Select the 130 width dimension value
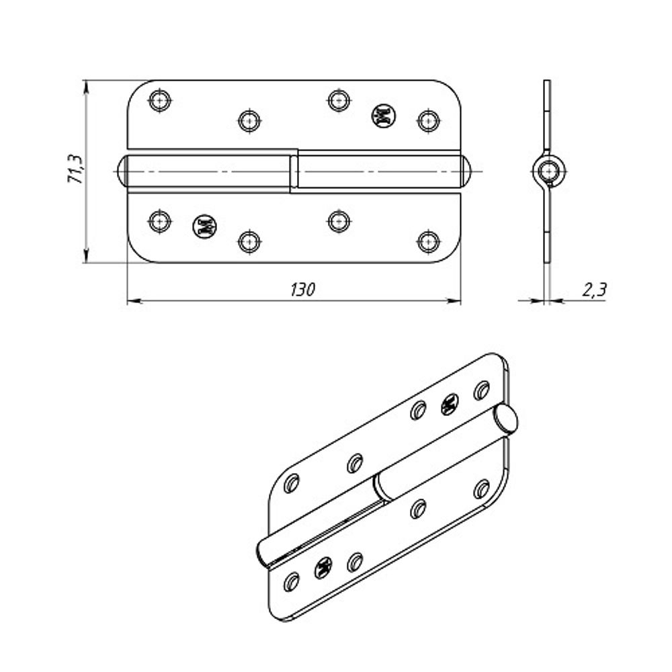[x=302, y=290]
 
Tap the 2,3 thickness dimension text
[x=594, y=290]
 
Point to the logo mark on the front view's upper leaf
[x=383, y=117]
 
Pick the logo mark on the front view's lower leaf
[x=204, y=226]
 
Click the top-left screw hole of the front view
[x=159, y=101]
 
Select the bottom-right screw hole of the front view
[x=427, y=241]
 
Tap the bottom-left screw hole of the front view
[x=159, y=221]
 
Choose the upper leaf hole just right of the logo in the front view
[x=427, y=120]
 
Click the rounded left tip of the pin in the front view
[x=122, y=171]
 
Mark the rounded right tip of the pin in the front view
[x=468, y=171]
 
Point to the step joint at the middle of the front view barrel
[x=294, y=171]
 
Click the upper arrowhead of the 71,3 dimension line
[x=86, y=85]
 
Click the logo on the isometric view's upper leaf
[x=449, y=404]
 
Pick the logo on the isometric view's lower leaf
[x=323, y=569]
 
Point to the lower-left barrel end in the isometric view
[x=263, y=553]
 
